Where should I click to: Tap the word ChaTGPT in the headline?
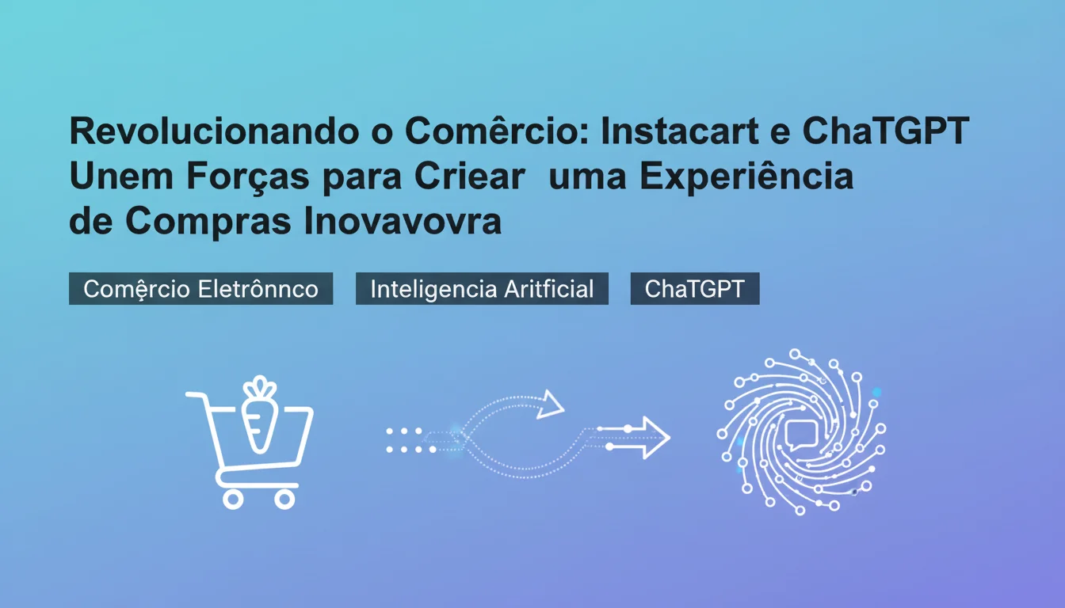[885, 132]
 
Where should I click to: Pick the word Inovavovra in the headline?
[403, 222]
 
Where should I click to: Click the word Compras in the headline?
[209, 222]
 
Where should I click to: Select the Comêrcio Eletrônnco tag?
[200, 289]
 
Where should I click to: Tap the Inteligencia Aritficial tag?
[482, 289]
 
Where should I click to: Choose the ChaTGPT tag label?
[695, 289]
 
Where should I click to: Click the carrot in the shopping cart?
[259, 422]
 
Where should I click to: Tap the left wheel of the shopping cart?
[232, 499]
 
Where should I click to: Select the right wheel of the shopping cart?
[284, 499]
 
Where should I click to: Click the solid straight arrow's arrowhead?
[655, 437]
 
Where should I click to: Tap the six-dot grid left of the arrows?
[410, 440]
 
